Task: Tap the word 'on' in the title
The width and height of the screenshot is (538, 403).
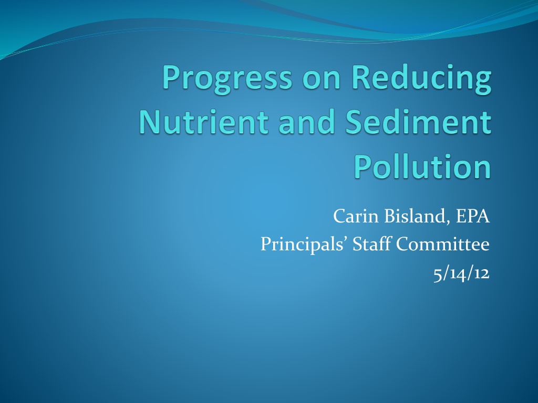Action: point(322,80)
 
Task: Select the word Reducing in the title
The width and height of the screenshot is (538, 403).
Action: point(421,79)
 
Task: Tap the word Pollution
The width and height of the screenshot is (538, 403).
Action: point(422,166)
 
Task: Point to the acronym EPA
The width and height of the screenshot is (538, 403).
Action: point(472,216)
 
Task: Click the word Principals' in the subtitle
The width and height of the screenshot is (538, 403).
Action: point(304,245)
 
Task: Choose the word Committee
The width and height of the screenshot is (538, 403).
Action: point(443,245)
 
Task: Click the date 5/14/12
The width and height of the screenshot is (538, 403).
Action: point(461,273)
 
